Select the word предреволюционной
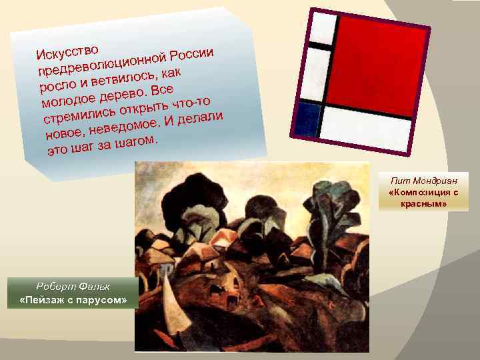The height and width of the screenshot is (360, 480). (103, 65)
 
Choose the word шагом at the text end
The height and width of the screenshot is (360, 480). (135, 142)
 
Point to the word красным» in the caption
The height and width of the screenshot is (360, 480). (419, 203)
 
